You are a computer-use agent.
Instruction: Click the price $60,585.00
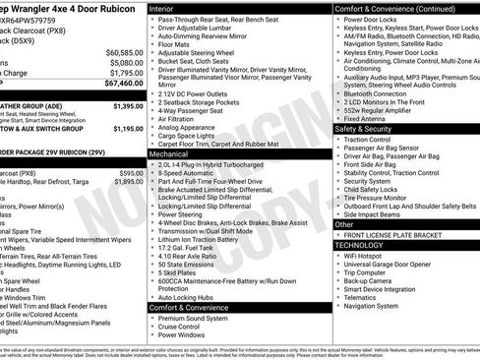point(124,52)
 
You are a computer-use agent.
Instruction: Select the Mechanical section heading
point(169,154)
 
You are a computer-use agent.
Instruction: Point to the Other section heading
point(344,224)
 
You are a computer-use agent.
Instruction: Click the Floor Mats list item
point(175,44)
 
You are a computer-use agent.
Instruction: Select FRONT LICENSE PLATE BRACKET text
point(398,234)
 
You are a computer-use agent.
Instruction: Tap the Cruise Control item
point(184,327)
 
